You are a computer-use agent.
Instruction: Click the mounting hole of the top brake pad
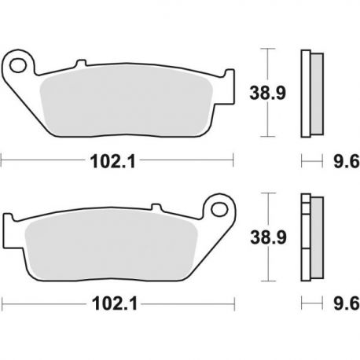pos(18,65)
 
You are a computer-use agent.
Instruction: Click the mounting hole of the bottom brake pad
pos(219,209)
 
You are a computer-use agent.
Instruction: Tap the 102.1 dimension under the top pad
pos(113,161)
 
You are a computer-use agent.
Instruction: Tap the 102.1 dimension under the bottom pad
pos(115,304)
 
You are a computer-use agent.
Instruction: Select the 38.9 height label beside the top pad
pos(267,93)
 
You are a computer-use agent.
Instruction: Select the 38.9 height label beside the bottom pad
pos(268,237)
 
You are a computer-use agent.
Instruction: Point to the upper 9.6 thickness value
pos(347,161)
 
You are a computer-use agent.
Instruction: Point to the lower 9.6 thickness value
pos(347,304)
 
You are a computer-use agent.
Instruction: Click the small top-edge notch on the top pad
pos(81,63)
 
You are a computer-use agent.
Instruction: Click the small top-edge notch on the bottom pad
pos(157,207)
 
